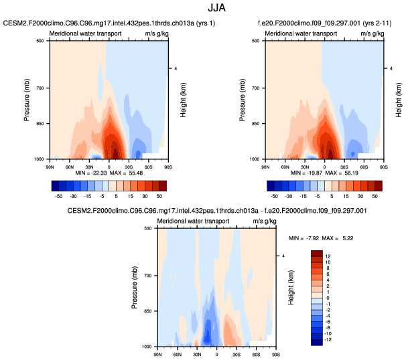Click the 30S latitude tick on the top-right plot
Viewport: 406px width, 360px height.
click(x=344, y=164)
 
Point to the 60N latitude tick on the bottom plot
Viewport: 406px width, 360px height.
click(x=177, y=351)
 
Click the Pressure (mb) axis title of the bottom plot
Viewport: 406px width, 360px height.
click(x=137, y=288)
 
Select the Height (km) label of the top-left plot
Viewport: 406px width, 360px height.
click(x=182, y=100)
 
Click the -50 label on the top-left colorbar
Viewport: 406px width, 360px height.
click(x=58, y=197)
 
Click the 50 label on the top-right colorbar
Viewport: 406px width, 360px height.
click(x=375, y=197)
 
